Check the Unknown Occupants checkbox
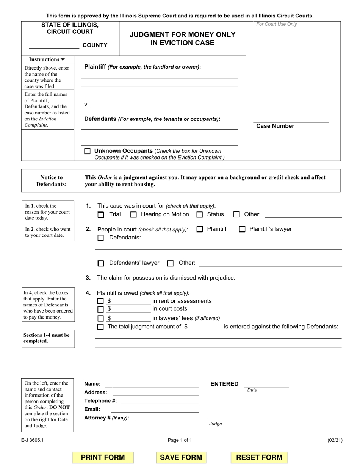coord(88,151)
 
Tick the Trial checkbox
coord(101,215)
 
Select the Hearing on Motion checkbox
coord(133,215)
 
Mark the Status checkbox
coord(200,215)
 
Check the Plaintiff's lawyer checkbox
coord(242,229)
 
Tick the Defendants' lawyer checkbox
coord(101,263)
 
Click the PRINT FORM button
coord(103,457)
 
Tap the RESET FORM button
coord(259,457)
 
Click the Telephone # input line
coord(159,401)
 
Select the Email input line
coord(155,410)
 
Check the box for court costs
coord(100,309)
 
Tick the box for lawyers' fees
coord(100,318)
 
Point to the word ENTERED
coord(224,384)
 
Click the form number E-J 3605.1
coord(32,440)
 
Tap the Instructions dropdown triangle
coord(63,59)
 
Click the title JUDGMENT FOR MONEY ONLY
coord(183,35)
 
